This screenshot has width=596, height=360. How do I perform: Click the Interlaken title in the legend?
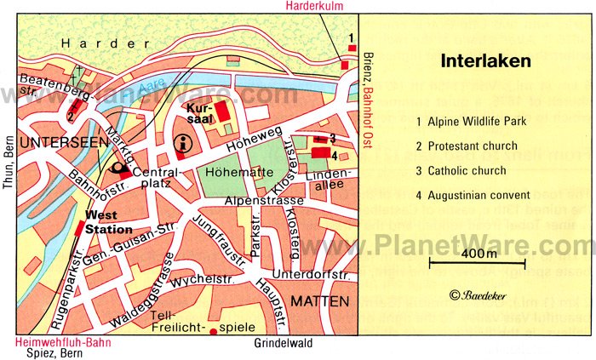click(x=485, y=61)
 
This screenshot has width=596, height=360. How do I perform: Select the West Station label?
click(x=109, y=224)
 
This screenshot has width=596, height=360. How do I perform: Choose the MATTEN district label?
click(x=319, y=301)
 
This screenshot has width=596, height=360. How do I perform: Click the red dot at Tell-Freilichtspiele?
click(x=213, y=331)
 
